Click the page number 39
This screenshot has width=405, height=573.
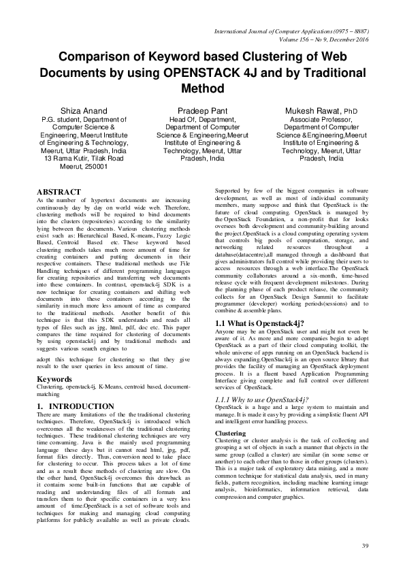[365, 546]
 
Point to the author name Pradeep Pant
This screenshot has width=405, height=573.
[202, 110]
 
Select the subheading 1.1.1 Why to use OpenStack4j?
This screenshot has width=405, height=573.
[262, 400]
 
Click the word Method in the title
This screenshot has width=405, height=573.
[203, 88]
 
